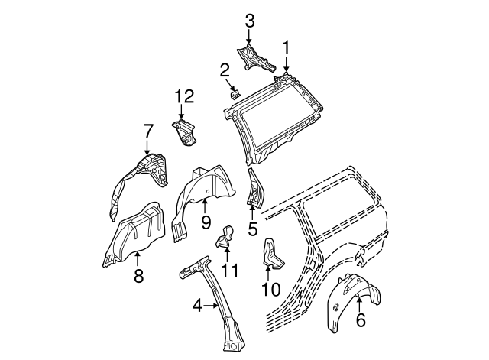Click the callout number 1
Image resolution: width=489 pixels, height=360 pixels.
pyautogui.click(x=287, y=47)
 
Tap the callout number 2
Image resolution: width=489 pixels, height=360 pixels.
pyautogui.click(x=225, y=71)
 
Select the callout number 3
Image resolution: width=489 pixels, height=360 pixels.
pyautogui.click(x=249, y=21)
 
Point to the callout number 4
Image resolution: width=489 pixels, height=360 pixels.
pyautogui.click(x=197, y=306)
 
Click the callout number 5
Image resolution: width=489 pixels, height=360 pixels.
pyautogui.click(x=253, y=227)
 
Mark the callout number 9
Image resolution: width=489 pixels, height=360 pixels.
pyautogui.click(x=206, y=222)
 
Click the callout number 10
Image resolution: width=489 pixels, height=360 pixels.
pyautogui.click(x=271, y=290)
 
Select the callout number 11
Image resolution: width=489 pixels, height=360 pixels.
pyautogui.click(x=229, y=271)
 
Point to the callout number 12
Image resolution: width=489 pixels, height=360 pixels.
pyautogui.click(x=183, y=96)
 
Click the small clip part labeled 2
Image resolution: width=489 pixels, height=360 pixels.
pyautogui.click(x=236, y=94)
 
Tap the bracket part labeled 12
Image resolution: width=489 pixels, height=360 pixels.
pyautogui.click(x=183, y=131)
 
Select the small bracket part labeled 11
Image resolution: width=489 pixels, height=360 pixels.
pyautogui.click(x=225, y=237)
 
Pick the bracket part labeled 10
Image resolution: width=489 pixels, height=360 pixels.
pyautogui.click(x=272, y=254)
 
